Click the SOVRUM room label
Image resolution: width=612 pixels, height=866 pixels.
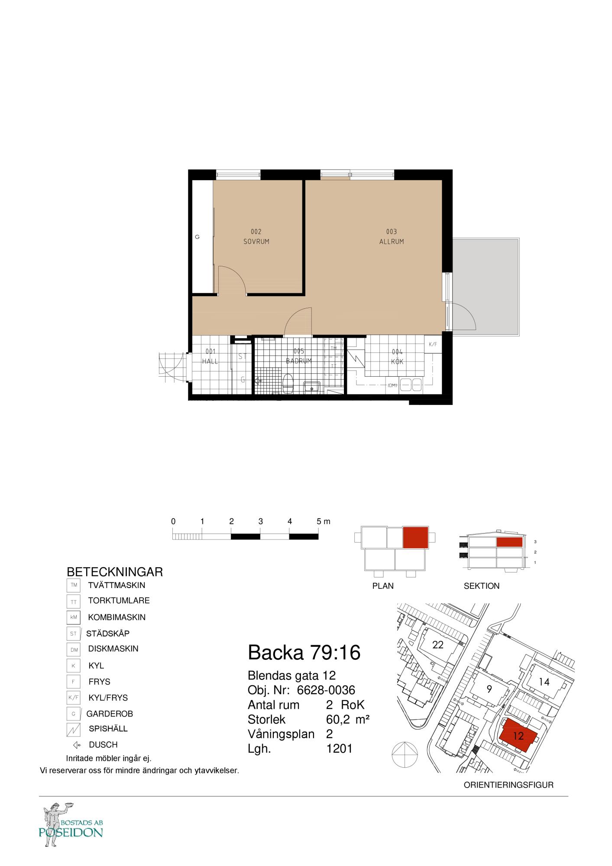coord(256,242)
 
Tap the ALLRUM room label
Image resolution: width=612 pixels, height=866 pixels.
coord(392,242)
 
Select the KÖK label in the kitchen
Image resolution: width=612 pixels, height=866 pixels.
coord(397,362)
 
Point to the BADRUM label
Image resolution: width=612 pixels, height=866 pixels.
coord(299,361)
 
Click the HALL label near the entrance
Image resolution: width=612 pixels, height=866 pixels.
coord(210,361)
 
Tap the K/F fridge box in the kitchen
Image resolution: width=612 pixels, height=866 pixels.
coord(433,345)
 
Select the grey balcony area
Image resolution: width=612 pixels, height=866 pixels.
coord(486,286)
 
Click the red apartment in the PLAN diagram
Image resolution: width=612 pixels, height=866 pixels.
coord(415,538)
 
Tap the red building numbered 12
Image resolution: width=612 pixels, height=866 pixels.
coord(518,735)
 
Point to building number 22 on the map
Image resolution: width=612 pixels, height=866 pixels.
coord(438,657)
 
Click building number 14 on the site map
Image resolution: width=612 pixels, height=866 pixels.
coord(544,682)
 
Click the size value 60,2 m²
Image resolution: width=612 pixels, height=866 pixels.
coord(347,720)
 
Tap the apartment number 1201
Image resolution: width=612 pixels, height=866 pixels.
coord(339,749)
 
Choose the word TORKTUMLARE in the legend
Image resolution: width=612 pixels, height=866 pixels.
coord(119,601)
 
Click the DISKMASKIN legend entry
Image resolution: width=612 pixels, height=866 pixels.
coord(113,649)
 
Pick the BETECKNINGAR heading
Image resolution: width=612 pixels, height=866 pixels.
coord(115,572)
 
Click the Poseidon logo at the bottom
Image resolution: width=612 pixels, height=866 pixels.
coord(71,825)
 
